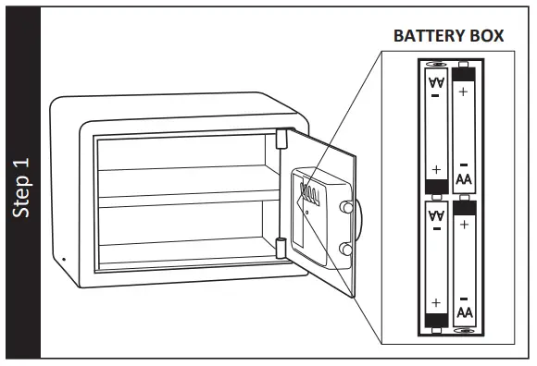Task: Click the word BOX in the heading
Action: coord(487,36)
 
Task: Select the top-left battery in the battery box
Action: coord(436,129)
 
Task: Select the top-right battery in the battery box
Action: coord(464,128)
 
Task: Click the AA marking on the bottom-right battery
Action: coord(464,312)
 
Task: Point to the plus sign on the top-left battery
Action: coord(436,170)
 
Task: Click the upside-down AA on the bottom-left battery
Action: coord(436,216)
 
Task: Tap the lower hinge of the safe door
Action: coord(280,248)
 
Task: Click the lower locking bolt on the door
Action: coord(345,248)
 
